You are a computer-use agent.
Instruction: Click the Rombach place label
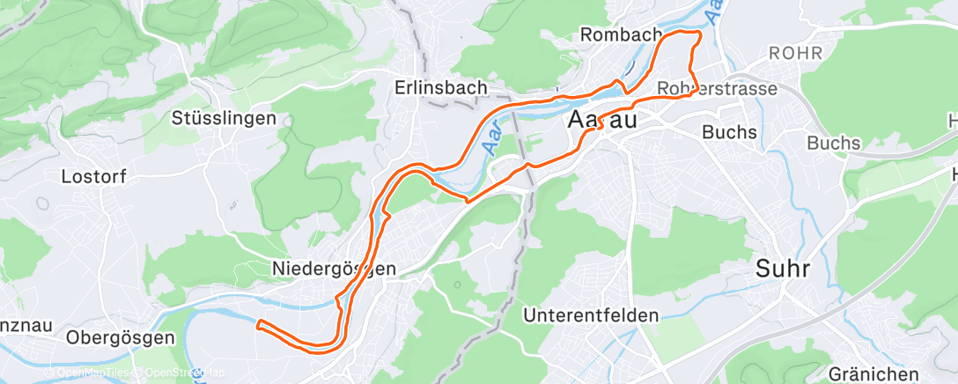(x=622, y=34)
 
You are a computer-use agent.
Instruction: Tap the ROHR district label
(x=795, y=54)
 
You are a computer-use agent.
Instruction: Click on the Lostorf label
(x=94, y=176)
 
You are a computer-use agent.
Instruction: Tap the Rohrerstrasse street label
(x=717, y=89)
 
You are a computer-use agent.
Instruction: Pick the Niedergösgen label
(x=334, y=269)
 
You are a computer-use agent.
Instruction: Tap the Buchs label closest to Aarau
(x=729, y=132)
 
